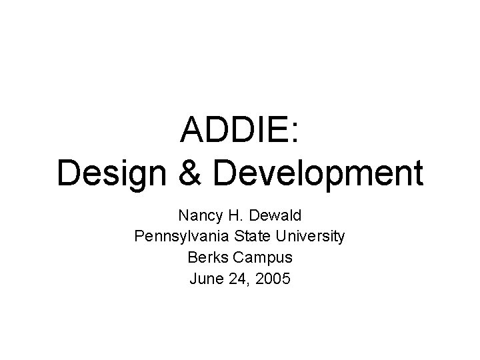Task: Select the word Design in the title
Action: (107, 173)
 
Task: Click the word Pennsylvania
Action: (175, 237)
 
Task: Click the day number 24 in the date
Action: (237, 278)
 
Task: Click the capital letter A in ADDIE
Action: (193, 131)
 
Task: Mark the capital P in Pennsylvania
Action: (139, 237)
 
